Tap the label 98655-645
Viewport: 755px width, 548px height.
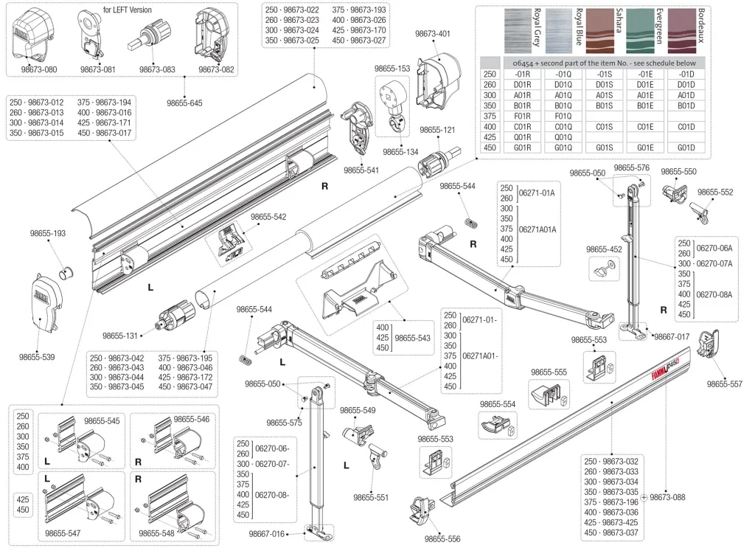(184, 103)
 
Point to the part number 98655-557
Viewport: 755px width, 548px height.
(725, 384)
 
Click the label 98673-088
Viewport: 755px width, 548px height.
(667, 497)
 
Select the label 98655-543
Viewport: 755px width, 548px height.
(412, 337)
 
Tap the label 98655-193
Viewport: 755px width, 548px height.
(48, 233)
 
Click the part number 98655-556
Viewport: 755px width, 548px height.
(442, 539)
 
